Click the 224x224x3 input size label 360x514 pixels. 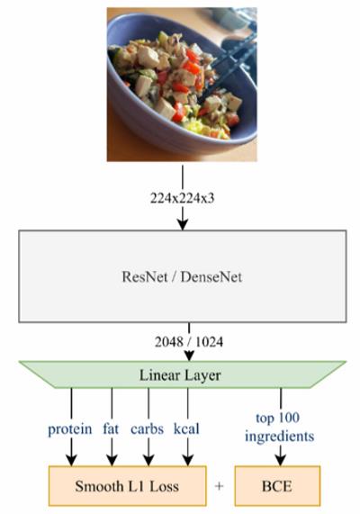tap(183, 198)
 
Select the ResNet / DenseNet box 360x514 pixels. tap(183, 276)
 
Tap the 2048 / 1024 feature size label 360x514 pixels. tap(189, 342)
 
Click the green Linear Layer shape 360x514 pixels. tap(183, 374)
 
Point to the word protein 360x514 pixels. tap(70, 429)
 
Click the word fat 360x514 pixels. tap(111, 428)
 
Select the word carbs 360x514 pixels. tap(148, 428)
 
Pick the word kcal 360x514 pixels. tap(186, 428)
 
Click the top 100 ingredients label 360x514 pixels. tap(279, 427)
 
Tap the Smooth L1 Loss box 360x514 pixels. tap(128, 486)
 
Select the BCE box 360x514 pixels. tap(277, 486)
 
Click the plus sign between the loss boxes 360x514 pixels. tap(220, 486)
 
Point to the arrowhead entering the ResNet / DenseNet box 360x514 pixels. tap(183, 224)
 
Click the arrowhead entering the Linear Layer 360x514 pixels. tap(189, 356)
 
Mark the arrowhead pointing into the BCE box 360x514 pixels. tap(280, 460)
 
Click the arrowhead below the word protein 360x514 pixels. tap(71, 460)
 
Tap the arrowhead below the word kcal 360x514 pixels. tap(187, 460)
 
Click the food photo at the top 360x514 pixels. tap(182, 85)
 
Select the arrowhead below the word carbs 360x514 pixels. tap(148, 460)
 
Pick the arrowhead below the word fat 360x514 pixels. tap(112, 460)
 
